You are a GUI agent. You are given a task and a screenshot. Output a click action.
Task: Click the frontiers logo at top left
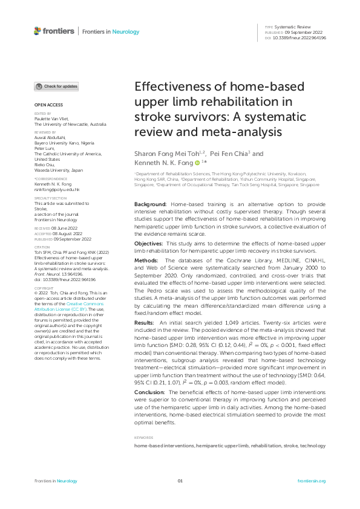(54, 31)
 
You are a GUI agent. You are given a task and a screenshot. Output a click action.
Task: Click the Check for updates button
(56, 86)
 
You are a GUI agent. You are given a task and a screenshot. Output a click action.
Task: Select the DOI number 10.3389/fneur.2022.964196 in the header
(299, 37)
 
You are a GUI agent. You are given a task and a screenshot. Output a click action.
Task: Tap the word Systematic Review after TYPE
(293, 28)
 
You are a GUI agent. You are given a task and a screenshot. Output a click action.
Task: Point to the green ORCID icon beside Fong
(197, 163)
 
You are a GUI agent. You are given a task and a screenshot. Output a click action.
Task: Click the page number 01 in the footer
(180, 481)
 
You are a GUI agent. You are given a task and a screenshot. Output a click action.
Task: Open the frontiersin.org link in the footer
(312, 481)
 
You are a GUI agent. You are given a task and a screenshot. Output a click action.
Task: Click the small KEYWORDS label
(143, 436)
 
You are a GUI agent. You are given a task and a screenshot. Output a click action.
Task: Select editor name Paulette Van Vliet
(51, 118)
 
